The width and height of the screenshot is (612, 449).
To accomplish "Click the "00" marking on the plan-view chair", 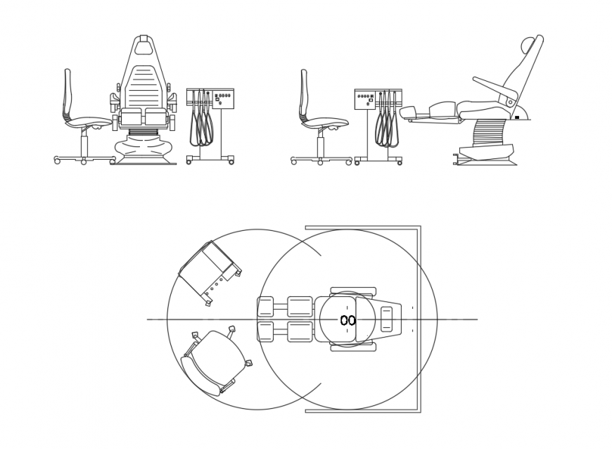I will coord(348,320).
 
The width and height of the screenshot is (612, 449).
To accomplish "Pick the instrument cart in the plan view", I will coord(209,271).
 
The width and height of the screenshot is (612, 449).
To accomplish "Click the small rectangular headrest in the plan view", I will coord(387,319).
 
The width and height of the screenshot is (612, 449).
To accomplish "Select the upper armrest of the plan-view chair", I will coord(353,291).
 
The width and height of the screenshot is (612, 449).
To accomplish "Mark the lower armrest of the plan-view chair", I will coord(353,347).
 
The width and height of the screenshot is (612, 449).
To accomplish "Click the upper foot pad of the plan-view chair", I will coord(265,307).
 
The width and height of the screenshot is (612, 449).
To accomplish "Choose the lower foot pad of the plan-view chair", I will coord(265,331).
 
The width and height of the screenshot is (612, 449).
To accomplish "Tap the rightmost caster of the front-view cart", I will coord(231,162).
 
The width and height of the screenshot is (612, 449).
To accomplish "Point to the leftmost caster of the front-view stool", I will coord(57,160).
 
